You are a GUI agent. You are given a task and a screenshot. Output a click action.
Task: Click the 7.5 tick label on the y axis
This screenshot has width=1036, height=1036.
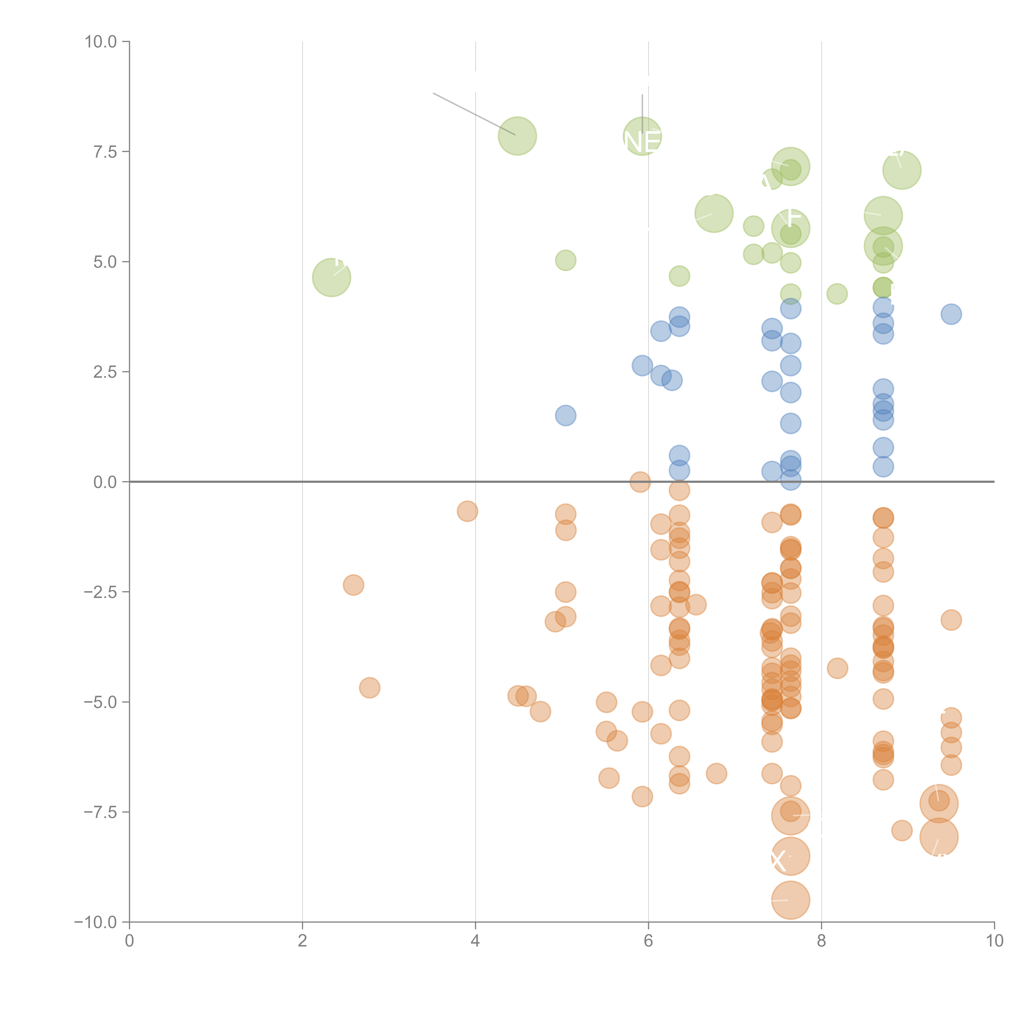[x=105, y=152]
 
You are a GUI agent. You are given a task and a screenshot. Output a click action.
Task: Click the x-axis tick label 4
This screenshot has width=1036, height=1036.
[x=475, y=941]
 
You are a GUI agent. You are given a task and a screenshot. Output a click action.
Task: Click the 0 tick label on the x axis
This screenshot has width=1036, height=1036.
[x=129, y=941]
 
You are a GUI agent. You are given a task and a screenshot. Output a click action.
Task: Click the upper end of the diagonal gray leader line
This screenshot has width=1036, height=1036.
[x=433, y=93]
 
